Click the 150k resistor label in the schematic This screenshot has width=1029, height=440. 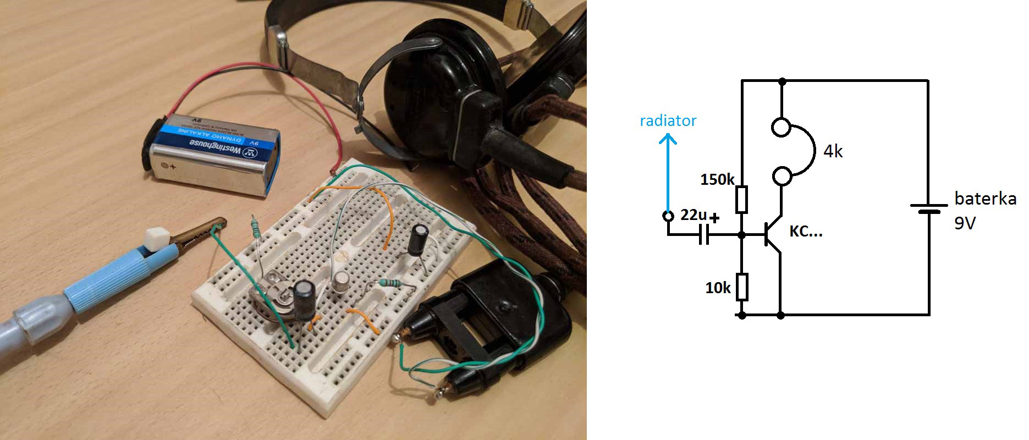coord(717,180)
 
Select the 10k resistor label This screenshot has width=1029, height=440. coord(718,288)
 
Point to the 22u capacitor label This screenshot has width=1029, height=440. coord(693,215)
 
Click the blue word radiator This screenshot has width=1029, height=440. coord(668,121)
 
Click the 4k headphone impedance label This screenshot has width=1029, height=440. coord(833,151)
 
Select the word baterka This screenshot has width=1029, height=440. coord(985,199)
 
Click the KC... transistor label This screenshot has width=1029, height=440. coord(806,232)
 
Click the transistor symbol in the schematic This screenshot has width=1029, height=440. coord(772,235)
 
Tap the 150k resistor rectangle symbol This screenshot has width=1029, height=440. coord(741,199)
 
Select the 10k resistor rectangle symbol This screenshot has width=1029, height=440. coord(741,287)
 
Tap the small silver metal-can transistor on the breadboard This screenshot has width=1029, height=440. coord(342,279)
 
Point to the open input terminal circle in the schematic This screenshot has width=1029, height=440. coord(668,216)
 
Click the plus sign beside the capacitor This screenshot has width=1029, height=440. coord(714,218)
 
